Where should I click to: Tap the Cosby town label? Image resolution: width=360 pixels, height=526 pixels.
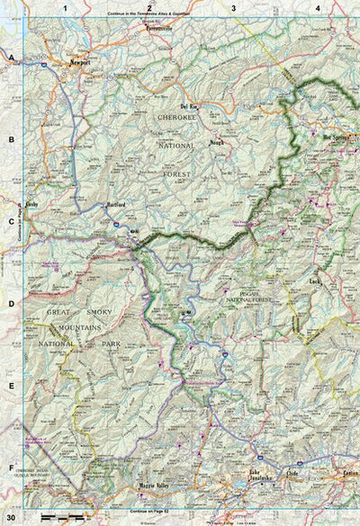(31, 205)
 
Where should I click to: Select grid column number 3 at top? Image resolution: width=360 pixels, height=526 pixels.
(233, 8)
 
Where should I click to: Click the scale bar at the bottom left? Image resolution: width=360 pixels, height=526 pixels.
(59, 519)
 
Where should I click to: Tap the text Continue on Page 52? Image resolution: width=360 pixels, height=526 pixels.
(148, 510)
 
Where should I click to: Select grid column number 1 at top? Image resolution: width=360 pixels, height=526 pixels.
(65, 8)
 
